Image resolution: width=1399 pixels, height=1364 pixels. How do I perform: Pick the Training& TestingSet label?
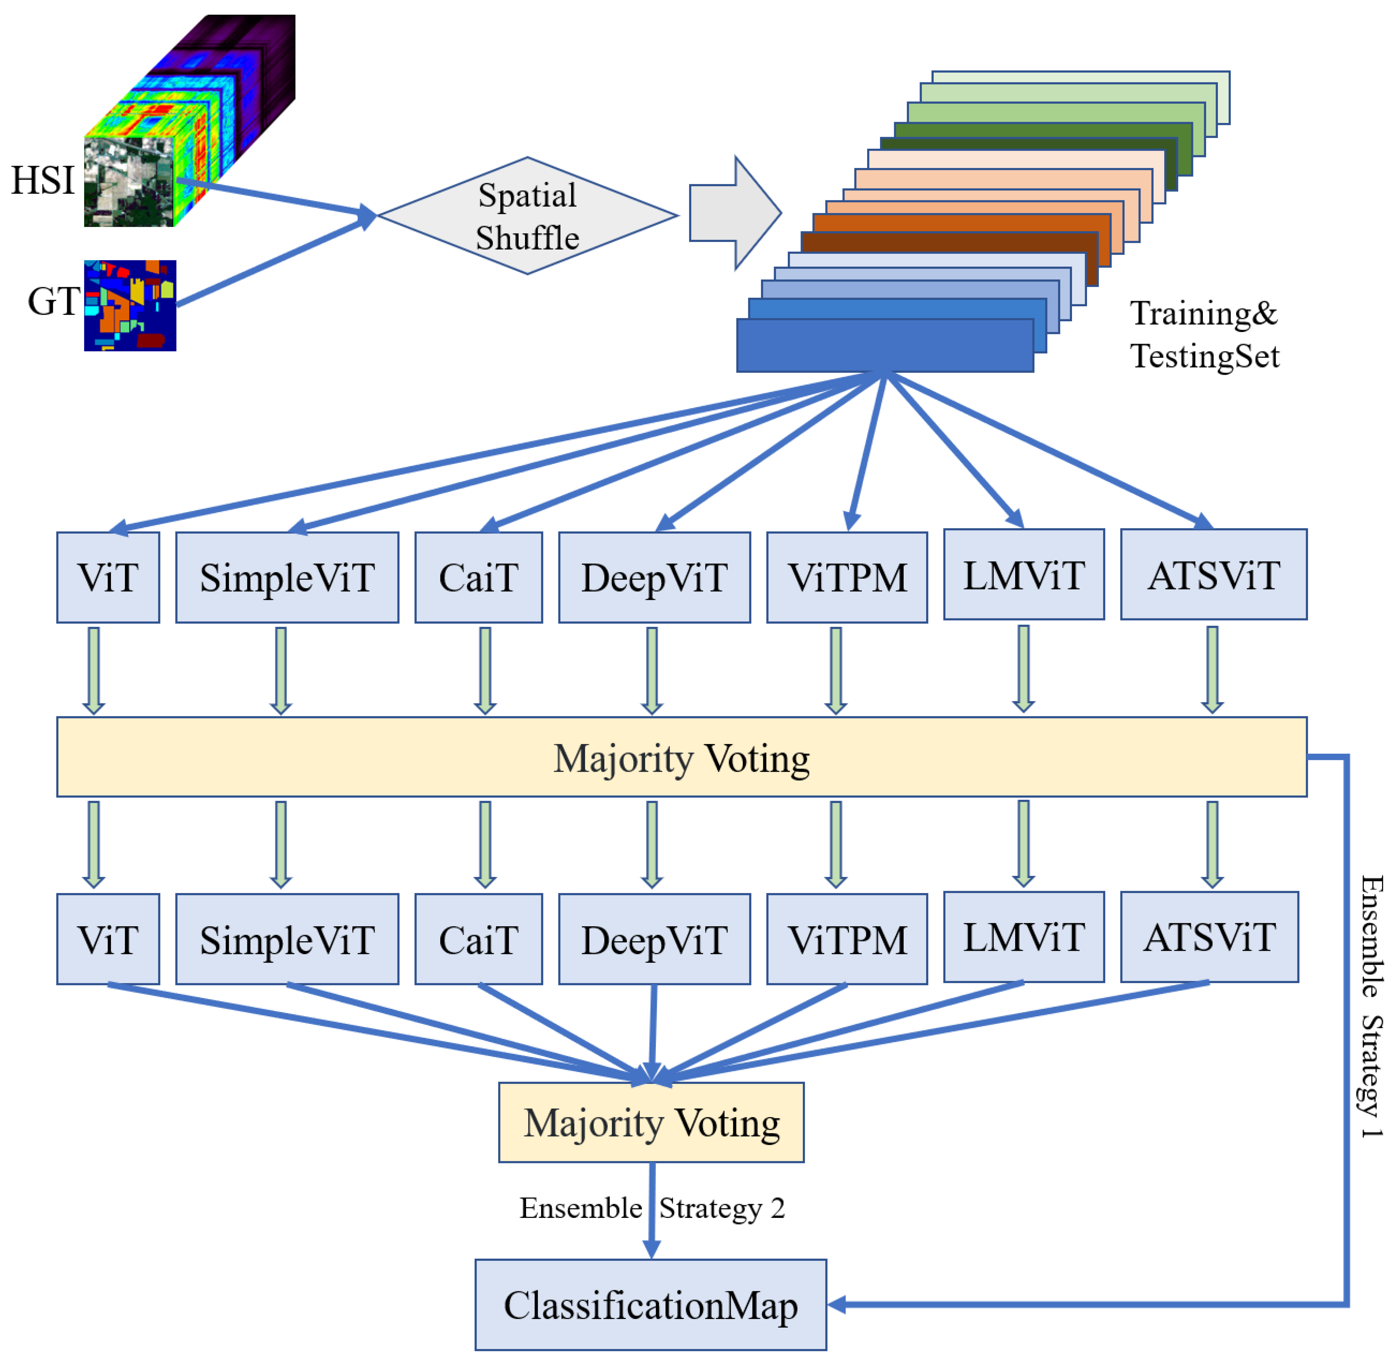[1204, 335]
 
